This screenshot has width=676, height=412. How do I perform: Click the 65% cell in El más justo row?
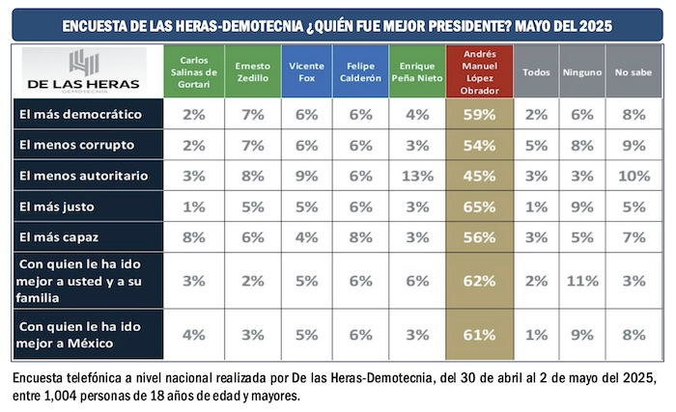click(480, 206)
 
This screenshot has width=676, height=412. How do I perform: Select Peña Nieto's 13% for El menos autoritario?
click(417, 175)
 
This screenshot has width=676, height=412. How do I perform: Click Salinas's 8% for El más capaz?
click(193, 235)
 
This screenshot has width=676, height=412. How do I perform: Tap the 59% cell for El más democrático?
click(480, 115)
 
